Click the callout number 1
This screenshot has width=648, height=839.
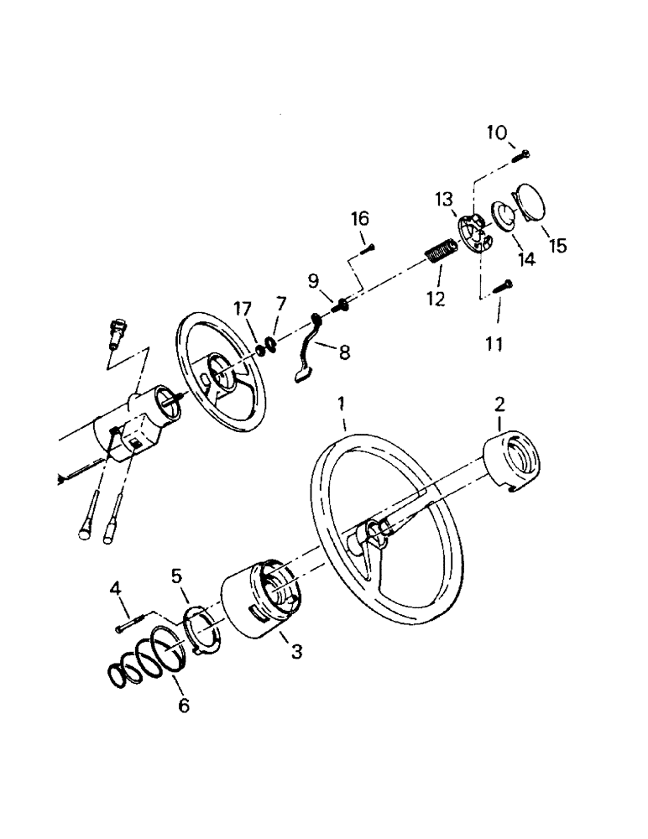pyautogui.click(x=342, y=403)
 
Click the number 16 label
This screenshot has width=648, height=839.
pyautogui.click(x=360, y=219)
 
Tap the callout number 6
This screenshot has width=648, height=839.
pyautogui.click(x=182, y=705)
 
